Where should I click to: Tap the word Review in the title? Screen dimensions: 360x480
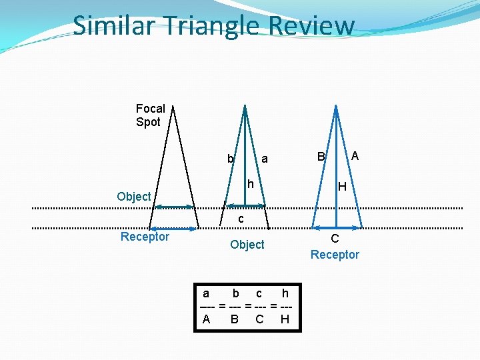pyautogui.click(x=312, y=25)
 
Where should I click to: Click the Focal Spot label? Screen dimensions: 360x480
pyautogui.click(x=150, y=115)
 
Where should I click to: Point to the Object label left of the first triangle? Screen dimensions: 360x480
pyautogui.click(x=133, y=196)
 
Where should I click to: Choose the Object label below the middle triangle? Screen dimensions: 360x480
pyautogui.click(x=247, y=245)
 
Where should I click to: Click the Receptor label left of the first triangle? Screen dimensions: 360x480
pyautogui.click(x=145, y=237)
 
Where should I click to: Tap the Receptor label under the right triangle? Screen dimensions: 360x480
pyautogui.click(x=335, y=255)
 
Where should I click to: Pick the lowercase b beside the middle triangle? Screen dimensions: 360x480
pyautogui.click(x=230, y=159)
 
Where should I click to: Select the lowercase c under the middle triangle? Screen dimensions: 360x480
pyautogui.click(x=241, y=219)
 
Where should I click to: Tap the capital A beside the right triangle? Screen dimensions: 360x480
pyautogui.click(x=355, y=156)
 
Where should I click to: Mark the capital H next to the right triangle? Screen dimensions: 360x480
pyautogui.click(x=341, y=187)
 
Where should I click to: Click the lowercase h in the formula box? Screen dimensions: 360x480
pyautogui.click(x=285, y=293)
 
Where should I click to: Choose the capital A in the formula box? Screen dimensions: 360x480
pyautogui.click(x=206, y=319)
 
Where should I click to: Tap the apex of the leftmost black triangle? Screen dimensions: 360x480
pyautogui.click(x=171, y=107)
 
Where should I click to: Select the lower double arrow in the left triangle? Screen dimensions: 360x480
pyautogui.click(x=173, y=229)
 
